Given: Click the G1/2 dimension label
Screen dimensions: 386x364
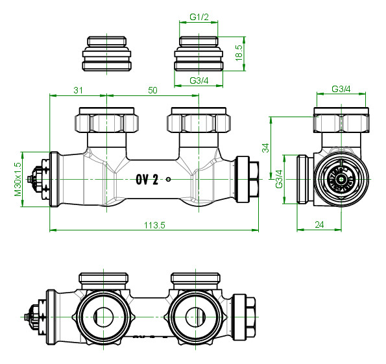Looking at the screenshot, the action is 199,17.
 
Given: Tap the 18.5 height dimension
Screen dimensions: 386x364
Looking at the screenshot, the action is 239,53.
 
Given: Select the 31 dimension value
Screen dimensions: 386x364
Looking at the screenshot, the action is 78,90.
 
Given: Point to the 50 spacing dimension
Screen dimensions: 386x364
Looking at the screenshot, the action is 152,90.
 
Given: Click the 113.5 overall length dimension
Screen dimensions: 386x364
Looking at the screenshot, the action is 154,225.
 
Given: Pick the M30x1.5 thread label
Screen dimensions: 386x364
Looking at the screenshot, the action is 18,179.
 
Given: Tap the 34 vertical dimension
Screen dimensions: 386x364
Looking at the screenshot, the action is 265,148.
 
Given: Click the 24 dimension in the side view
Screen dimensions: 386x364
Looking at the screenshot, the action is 319,224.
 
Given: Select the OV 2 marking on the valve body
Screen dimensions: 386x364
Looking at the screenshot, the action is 147,179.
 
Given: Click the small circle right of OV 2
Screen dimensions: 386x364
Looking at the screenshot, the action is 169,179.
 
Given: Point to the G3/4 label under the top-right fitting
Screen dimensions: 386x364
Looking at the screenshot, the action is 199,80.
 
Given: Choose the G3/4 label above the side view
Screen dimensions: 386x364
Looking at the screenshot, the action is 341,89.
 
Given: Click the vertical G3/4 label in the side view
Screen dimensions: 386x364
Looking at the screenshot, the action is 279,179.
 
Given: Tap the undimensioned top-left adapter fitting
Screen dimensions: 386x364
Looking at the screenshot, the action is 106,54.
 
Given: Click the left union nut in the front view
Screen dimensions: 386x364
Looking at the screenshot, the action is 106,120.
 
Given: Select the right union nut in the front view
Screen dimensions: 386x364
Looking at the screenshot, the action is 199,120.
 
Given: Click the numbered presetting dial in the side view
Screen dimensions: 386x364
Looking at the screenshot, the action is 341,180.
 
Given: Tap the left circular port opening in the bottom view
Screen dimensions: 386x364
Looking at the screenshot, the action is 103,317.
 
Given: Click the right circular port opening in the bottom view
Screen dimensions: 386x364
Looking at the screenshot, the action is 195,317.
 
